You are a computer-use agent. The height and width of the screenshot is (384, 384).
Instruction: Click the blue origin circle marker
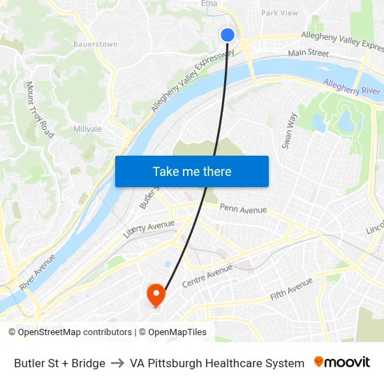click(228, 34)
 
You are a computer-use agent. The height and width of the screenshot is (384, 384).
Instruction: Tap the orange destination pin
click(154, 294)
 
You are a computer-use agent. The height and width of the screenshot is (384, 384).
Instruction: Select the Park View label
click(279, 13)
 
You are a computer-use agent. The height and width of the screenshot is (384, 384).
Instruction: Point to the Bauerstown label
click(95, 44)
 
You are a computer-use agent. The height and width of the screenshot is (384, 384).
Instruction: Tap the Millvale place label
click(87, 129)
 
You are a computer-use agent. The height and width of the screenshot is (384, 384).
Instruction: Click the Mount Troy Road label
click(40, 109)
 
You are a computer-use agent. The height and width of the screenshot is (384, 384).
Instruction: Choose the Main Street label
click(308, 52)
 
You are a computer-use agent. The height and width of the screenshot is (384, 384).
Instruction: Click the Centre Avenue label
click(207, 275)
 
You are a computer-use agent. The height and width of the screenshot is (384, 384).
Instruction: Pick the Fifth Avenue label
click(292, 288)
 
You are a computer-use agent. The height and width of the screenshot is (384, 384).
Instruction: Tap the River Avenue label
click(38, 271)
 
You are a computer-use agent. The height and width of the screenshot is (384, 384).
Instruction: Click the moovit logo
click(341, 362)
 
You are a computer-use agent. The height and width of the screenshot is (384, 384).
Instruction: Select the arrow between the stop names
click(117, 363)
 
